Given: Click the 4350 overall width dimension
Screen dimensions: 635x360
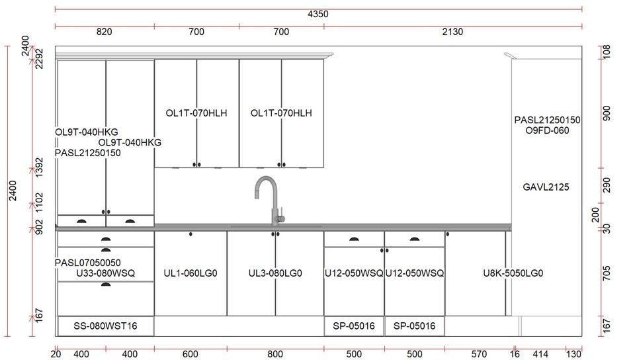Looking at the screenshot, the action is click(318, 14).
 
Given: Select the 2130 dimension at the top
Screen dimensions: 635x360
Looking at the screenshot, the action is click(452, 32).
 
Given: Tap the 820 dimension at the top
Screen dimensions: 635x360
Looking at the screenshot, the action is click(104, 32).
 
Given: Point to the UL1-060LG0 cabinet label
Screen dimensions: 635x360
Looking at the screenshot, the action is click(190, 273).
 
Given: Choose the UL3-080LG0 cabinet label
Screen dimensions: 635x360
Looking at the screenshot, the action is click(275, 273).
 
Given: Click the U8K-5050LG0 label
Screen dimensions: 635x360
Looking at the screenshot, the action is click(513, 273).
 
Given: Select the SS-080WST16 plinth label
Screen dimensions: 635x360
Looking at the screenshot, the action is click(105, 326).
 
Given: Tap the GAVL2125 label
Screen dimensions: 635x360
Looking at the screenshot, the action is click(546, 187).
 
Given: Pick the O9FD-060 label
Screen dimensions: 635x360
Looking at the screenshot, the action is click(547, 130).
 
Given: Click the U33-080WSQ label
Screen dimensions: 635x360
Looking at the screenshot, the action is click(106, 273).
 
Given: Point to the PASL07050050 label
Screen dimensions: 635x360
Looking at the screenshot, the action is click(88, 263).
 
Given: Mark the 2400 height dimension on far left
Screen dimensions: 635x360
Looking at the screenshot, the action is click(13, 191).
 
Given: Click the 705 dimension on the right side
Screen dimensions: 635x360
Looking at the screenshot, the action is click(607, 273).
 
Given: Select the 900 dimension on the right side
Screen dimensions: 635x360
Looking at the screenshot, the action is click(607, 113).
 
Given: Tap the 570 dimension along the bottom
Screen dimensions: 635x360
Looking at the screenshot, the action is click(479, 354).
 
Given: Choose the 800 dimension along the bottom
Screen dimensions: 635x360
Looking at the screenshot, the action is click(275, 354).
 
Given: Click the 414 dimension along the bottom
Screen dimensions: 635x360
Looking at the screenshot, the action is click(540, 354).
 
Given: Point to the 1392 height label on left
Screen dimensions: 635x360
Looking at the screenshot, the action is click(39, 167).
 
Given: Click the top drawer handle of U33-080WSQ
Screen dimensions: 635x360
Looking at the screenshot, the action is click(106, 240).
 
